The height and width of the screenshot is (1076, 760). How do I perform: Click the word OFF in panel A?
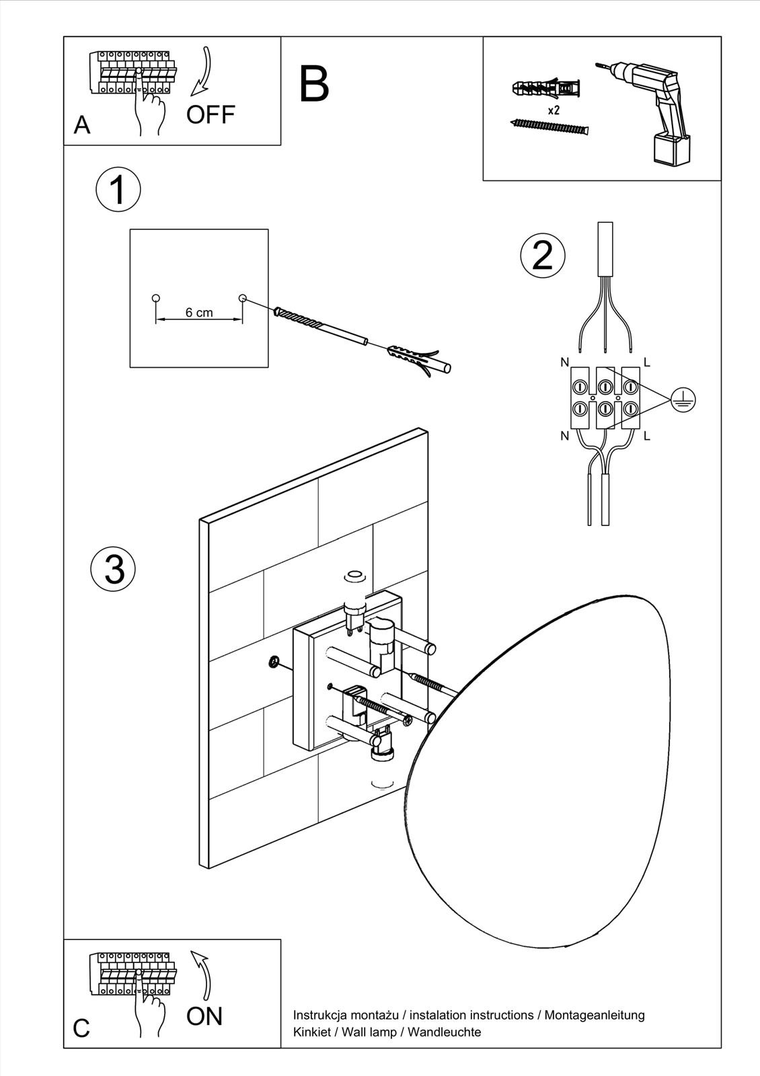[211, 115]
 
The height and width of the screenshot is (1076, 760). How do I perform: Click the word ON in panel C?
[204, 1016]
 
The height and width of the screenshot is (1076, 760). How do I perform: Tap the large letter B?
[314, 84]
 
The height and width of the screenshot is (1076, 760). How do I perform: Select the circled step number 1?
[118, 190]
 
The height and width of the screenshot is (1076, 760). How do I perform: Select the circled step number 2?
[543, 256]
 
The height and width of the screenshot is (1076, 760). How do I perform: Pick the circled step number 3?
[114, 568]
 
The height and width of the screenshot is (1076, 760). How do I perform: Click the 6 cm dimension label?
[199, 313]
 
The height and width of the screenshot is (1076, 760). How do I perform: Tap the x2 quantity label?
[554, 110]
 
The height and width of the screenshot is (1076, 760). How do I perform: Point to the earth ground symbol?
[683, 401]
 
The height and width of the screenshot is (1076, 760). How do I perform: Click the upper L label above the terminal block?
[647, 362]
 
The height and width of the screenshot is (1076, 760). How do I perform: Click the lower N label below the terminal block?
[564, 436]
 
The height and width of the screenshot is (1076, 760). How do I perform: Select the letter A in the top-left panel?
[82, 125]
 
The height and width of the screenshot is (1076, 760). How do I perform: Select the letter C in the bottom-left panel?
[81, 1028]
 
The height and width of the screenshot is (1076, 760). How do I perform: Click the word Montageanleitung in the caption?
[595, 1015]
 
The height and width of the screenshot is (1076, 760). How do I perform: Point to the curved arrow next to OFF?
[201, 71]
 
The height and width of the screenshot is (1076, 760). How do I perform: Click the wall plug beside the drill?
[545, 88]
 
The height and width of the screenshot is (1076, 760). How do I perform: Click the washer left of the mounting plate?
[274, 662]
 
